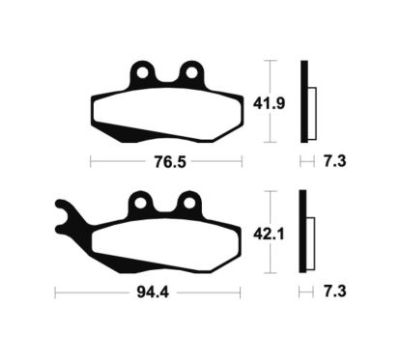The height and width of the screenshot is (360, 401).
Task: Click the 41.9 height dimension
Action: [x=269, y=103]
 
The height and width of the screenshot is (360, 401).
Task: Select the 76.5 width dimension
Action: [x=170, y=162]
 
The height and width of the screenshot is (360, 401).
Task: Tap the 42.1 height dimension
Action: [x=269, y=234]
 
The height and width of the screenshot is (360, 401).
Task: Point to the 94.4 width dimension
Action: [x=153, y=292]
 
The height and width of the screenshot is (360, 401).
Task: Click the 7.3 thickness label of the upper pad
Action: [x=335, y=161]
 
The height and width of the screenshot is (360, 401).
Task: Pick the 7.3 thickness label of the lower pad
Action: [x=335, y=291]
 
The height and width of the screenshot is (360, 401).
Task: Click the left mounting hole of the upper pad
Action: [x=142, y=72]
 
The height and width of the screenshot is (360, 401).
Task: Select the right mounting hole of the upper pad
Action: [x=191, y=72]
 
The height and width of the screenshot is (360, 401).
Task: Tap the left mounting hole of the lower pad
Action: [x=140, y=203]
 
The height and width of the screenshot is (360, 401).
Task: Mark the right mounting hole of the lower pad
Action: [x=189, y=203]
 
